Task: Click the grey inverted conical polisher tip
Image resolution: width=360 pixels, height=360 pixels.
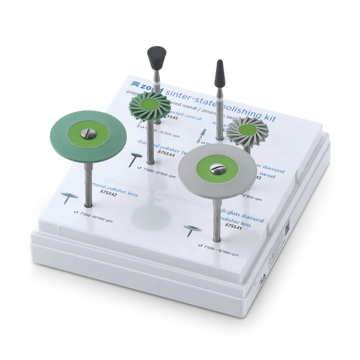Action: pos(154,57)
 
